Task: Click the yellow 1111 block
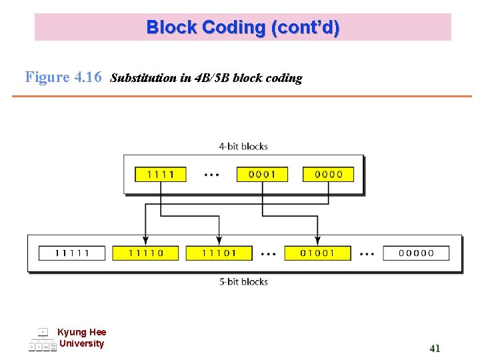161,174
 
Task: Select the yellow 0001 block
262,174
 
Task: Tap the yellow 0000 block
328,174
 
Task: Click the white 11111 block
72,253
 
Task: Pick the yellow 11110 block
145,253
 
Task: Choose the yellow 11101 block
219,253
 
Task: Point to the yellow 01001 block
317,253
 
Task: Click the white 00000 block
416,253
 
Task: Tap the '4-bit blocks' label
243,146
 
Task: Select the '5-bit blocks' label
243,282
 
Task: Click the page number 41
435,348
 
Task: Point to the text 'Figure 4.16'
63,77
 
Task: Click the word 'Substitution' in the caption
143,78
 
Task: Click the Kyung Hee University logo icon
42,340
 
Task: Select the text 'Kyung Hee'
82,332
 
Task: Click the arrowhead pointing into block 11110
145,240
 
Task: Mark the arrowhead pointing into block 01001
317,240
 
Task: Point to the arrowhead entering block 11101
219,240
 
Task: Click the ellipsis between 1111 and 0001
211,175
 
